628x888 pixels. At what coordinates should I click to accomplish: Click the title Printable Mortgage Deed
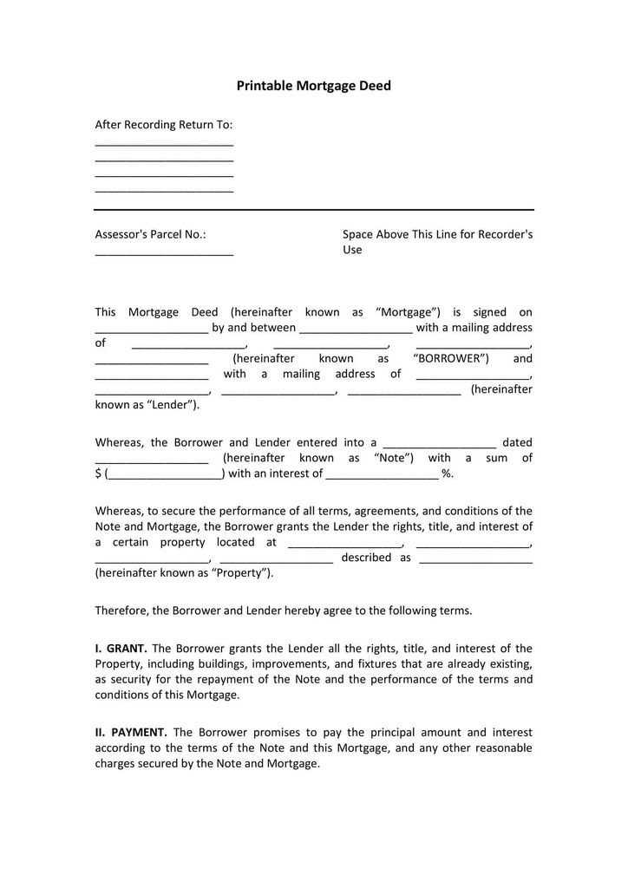pyautogui.click(x=314, y=86)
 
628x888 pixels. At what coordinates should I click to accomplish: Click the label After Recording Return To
pyautogui.click(x=164, y=125)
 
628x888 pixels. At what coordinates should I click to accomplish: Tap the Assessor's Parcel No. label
pyautogui.click(x=150, y=234)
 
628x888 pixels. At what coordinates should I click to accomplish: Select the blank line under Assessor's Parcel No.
pyautogui.click(x=164, y=253)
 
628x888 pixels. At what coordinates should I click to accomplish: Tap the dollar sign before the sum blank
pyautogui.click(x=98, y=473)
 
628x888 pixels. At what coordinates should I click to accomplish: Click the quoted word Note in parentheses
pyautogui.click(x=392, y=458)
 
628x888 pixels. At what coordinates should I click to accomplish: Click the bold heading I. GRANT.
pyautogui.click(x=121, y=648)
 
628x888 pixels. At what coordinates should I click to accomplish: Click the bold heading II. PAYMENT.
pyautogui.click(x=131, y=733)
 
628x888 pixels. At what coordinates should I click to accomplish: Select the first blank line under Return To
pyautogui.click(x=164, y=143)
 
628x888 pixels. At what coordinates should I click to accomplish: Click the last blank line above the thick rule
pyautogui.click(x=164, y=190)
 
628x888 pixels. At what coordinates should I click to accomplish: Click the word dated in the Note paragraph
pyautogui.click(x=517, y=442)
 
